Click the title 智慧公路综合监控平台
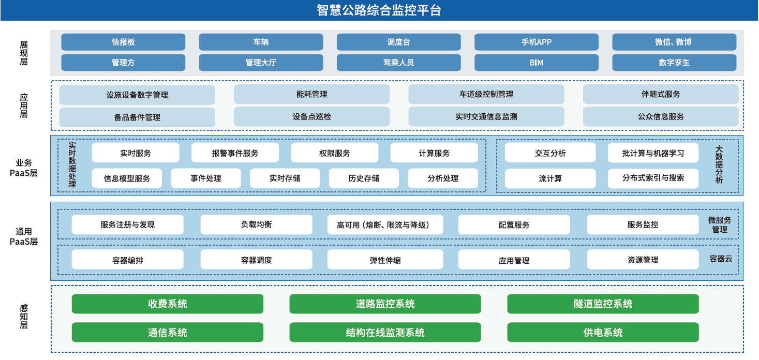click(x=379, y=10)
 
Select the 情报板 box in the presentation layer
click(x=123, y=42)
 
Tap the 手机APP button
click(x=536, y=42)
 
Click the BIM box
click(x=536, y=63)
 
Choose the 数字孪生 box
click(x=674, y=63)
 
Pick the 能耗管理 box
click(x=311, y=94)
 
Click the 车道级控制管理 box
click(x=486, y=94)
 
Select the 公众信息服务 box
click(x=660, y=117)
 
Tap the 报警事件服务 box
click(x=235, y=153)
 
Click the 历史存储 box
click(x=363, y=178)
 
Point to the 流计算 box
click(x=550, y=178)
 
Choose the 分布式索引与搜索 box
click(x=653, y=178)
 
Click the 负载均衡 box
click(x=256, y=224)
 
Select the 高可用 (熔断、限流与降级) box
click(x=385, y=224)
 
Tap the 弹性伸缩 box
click(x=385, y=260)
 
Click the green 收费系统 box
click(x=167, y=304)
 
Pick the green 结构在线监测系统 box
click(x=385, y=333)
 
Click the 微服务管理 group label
click(x=720, y=224)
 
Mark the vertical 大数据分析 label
click(x=719, y=164)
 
